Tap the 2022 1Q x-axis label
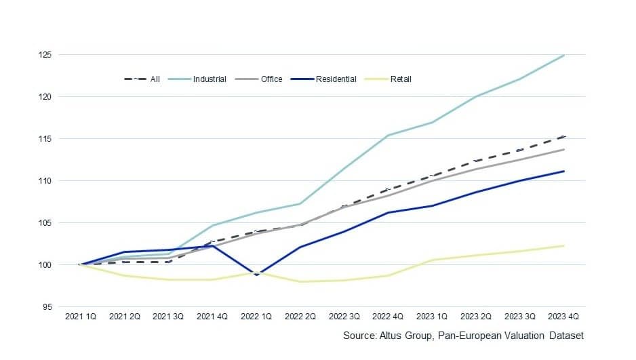256,317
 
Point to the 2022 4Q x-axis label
388,317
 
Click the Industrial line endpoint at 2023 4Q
564,55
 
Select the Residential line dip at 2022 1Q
256,275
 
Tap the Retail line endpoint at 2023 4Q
564,245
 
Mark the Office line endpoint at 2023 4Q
564,149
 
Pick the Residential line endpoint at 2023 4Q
564,171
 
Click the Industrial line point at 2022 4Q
388,136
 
